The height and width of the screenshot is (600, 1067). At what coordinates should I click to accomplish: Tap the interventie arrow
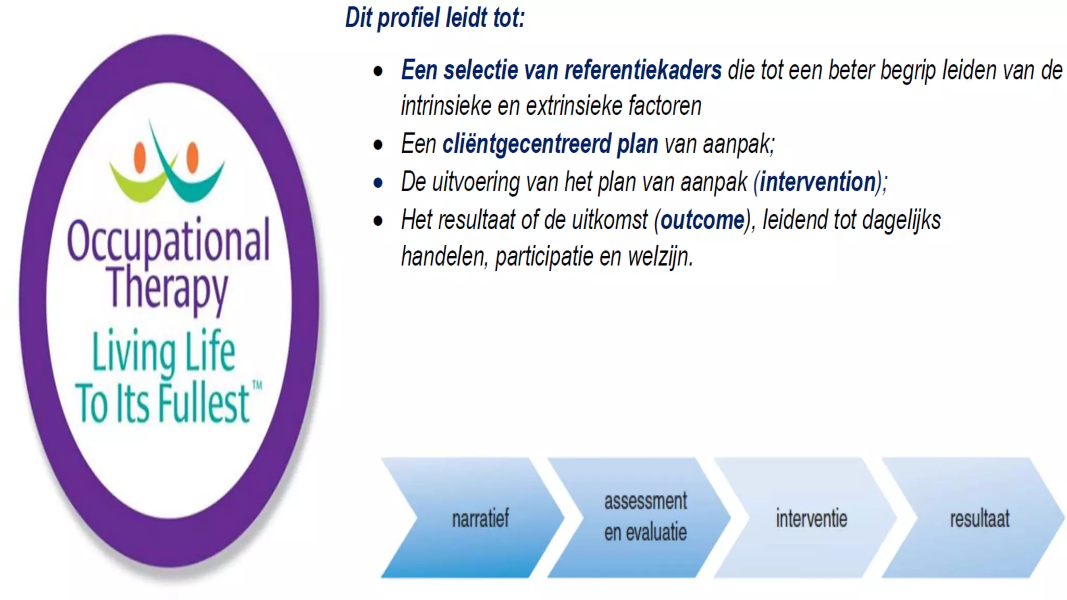coord(811,518)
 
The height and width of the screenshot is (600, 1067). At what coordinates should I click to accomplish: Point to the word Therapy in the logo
coord(167,288)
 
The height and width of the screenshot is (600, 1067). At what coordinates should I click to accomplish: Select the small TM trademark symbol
coord(257,386)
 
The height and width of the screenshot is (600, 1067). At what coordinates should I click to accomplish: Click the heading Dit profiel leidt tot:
coord(435,18)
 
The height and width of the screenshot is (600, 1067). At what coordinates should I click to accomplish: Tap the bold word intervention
coord(817,182)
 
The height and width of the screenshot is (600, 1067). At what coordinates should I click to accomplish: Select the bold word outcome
coord(703,220)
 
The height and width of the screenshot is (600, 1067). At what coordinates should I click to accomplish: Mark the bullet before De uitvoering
coord(378,183)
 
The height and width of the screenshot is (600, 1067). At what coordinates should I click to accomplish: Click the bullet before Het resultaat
coord(378,221)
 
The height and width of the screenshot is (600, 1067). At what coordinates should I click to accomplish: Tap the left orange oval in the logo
coord(140,157)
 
